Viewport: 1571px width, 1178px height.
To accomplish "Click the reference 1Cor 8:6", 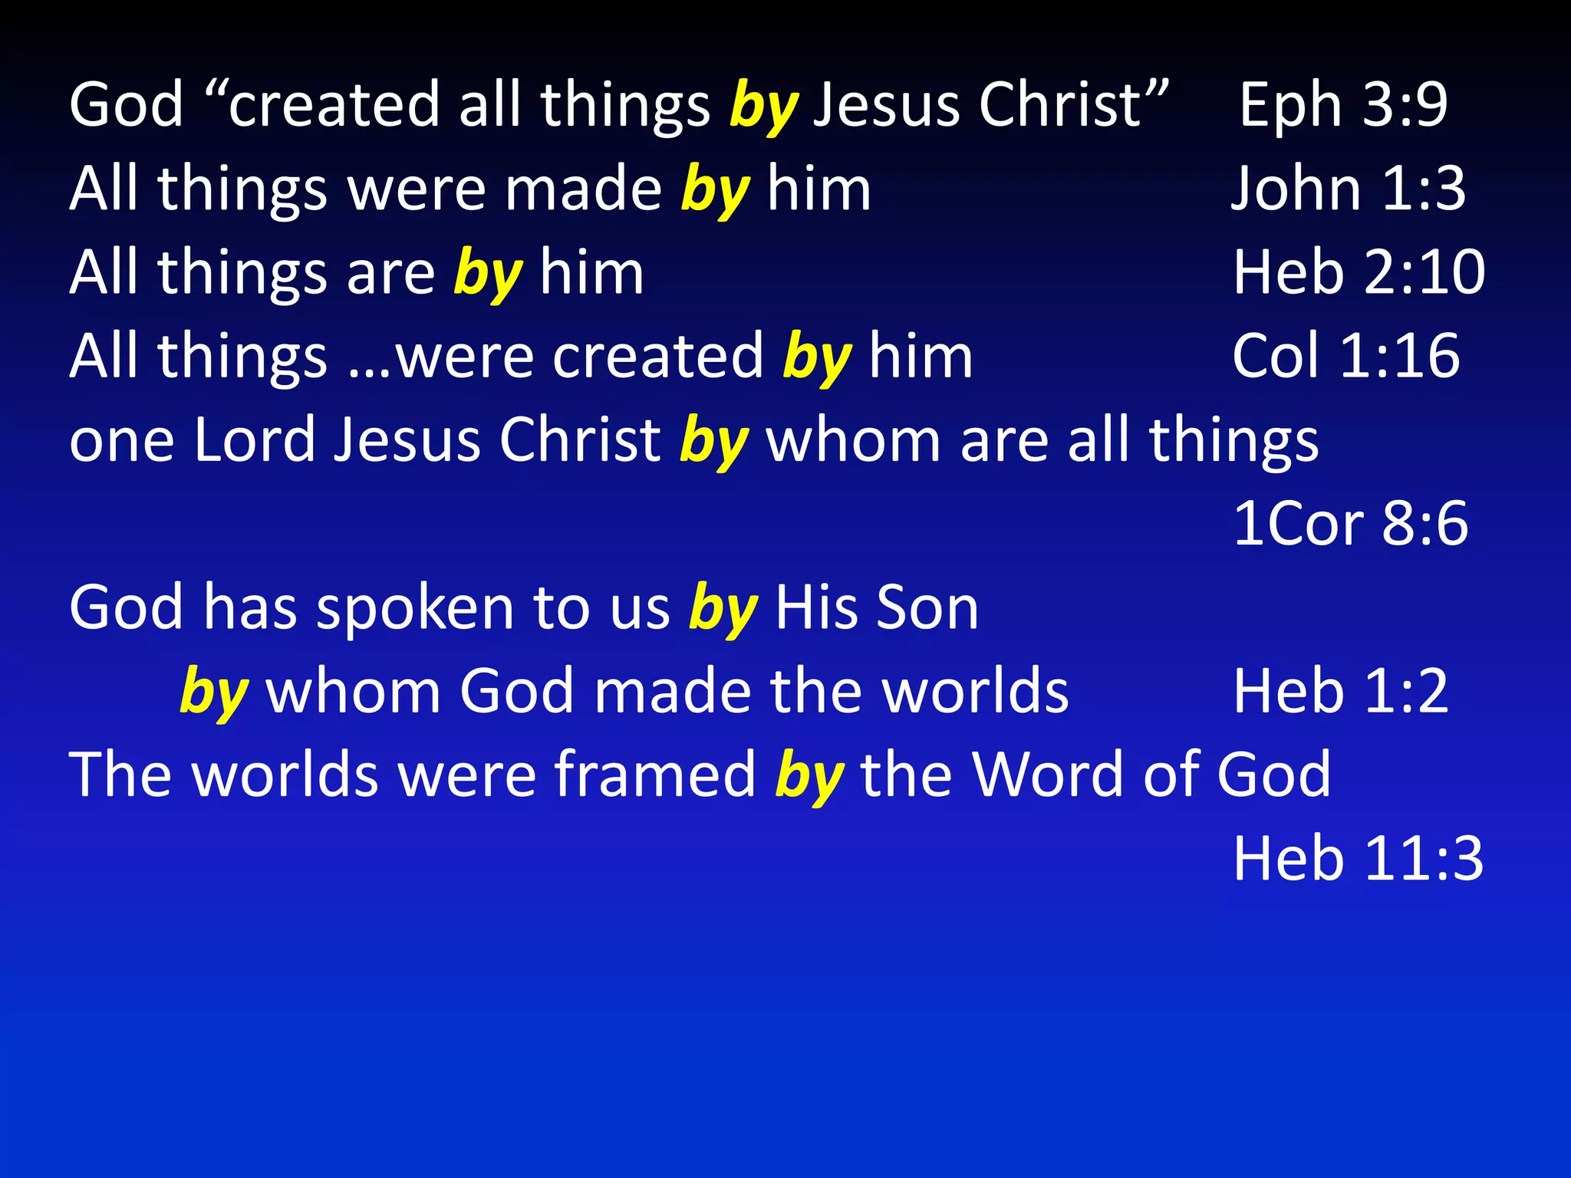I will [1350, 524].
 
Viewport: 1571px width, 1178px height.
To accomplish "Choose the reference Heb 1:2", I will [1340, 691].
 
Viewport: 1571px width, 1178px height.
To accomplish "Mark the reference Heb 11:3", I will [1358, 858].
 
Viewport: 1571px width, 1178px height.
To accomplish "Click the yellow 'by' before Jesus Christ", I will [764, 107].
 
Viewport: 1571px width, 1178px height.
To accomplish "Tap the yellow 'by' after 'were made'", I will [715, 191].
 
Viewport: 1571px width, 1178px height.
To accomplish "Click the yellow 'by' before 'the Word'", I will [809, 778].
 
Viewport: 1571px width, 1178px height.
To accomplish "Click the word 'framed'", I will [656, 775].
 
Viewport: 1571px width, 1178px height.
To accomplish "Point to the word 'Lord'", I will [255, 440].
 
